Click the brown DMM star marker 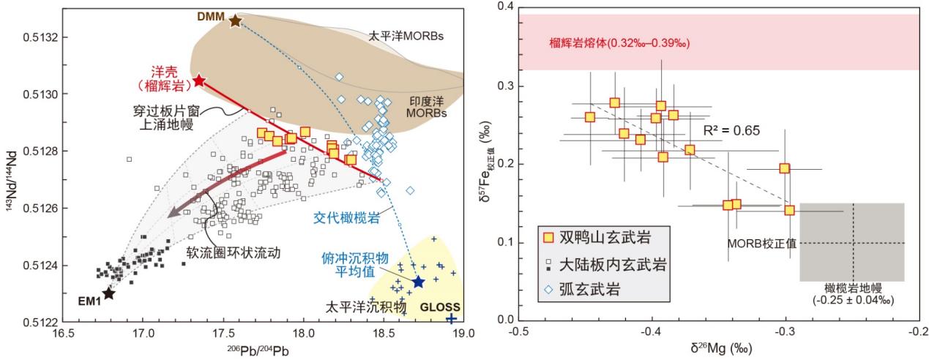[x=235, y=20]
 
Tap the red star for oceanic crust [x=198, y=80]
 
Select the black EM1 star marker [x=108, y=293]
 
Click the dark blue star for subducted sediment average [x=418, y=282]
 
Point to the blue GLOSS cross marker [x=451, y=318]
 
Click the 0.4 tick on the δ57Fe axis [x=506, y=8]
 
